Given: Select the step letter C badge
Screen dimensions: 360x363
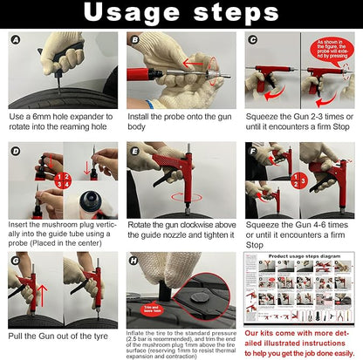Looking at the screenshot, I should coord(253,40).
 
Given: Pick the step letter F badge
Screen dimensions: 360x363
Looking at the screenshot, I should coord(253,151).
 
